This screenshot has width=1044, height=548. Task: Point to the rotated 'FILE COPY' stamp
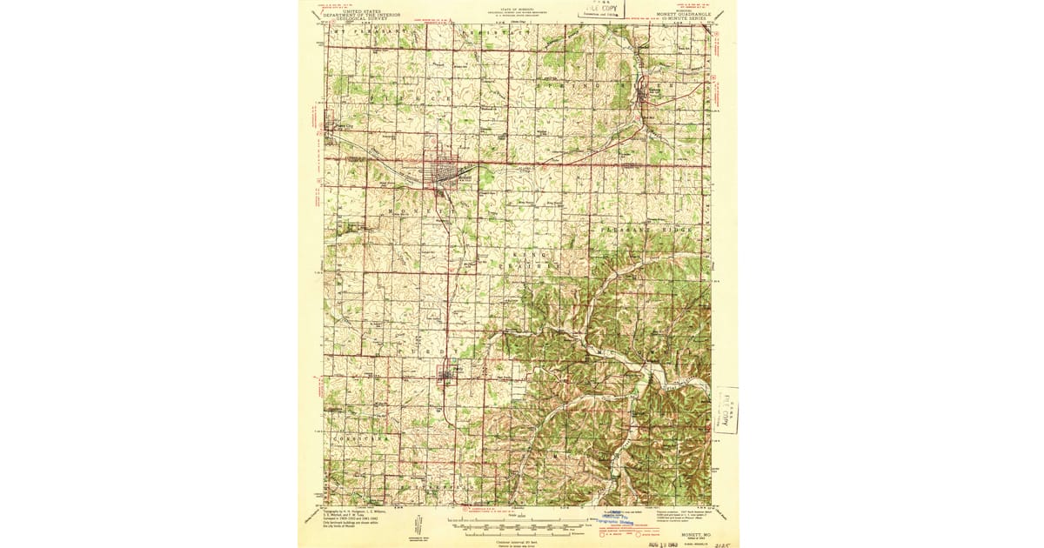(724, 409)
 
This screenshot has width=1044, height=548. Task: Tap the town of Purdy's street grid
(447, 375)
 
